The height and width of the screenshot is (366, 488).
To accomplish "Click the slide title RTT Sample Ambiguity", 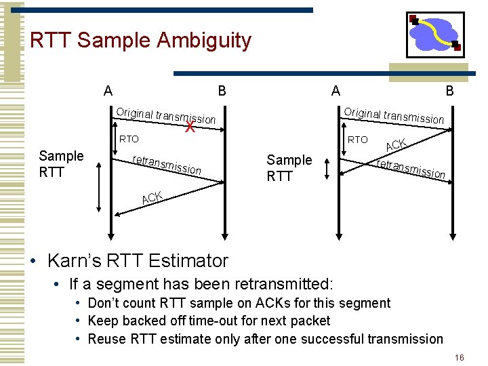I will (x=140, y=41).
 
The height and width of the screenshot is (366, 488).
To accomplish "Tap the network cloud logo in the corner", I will (x=434, y=34).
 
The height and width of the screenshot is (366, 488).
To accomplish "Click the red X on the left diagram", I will (x=191, y=127).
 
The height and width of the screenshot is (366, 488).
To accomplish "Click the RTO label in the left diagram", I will (x=129, y=140).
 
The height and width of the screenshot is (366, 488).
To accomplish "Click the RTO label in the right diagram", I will (x=357, y=140).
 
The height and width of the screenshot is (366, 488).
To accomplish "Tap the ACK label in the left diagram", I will (x=152, y=198).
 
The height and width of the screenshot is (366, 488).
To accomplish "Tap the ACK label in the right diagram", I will (x=396, y=144).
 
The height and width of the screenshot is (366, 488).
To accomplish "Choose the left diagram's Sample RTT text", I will (x=62, y=164).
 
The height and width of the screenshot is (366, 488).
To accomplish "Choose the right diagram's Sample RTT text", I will (x=289, y=168).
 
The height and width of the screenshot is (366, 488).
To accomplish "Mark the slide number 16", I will (x=459, y=357).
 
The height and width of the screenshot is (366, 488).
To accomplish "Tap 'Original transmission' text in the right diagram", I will (x=394, y=115).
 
